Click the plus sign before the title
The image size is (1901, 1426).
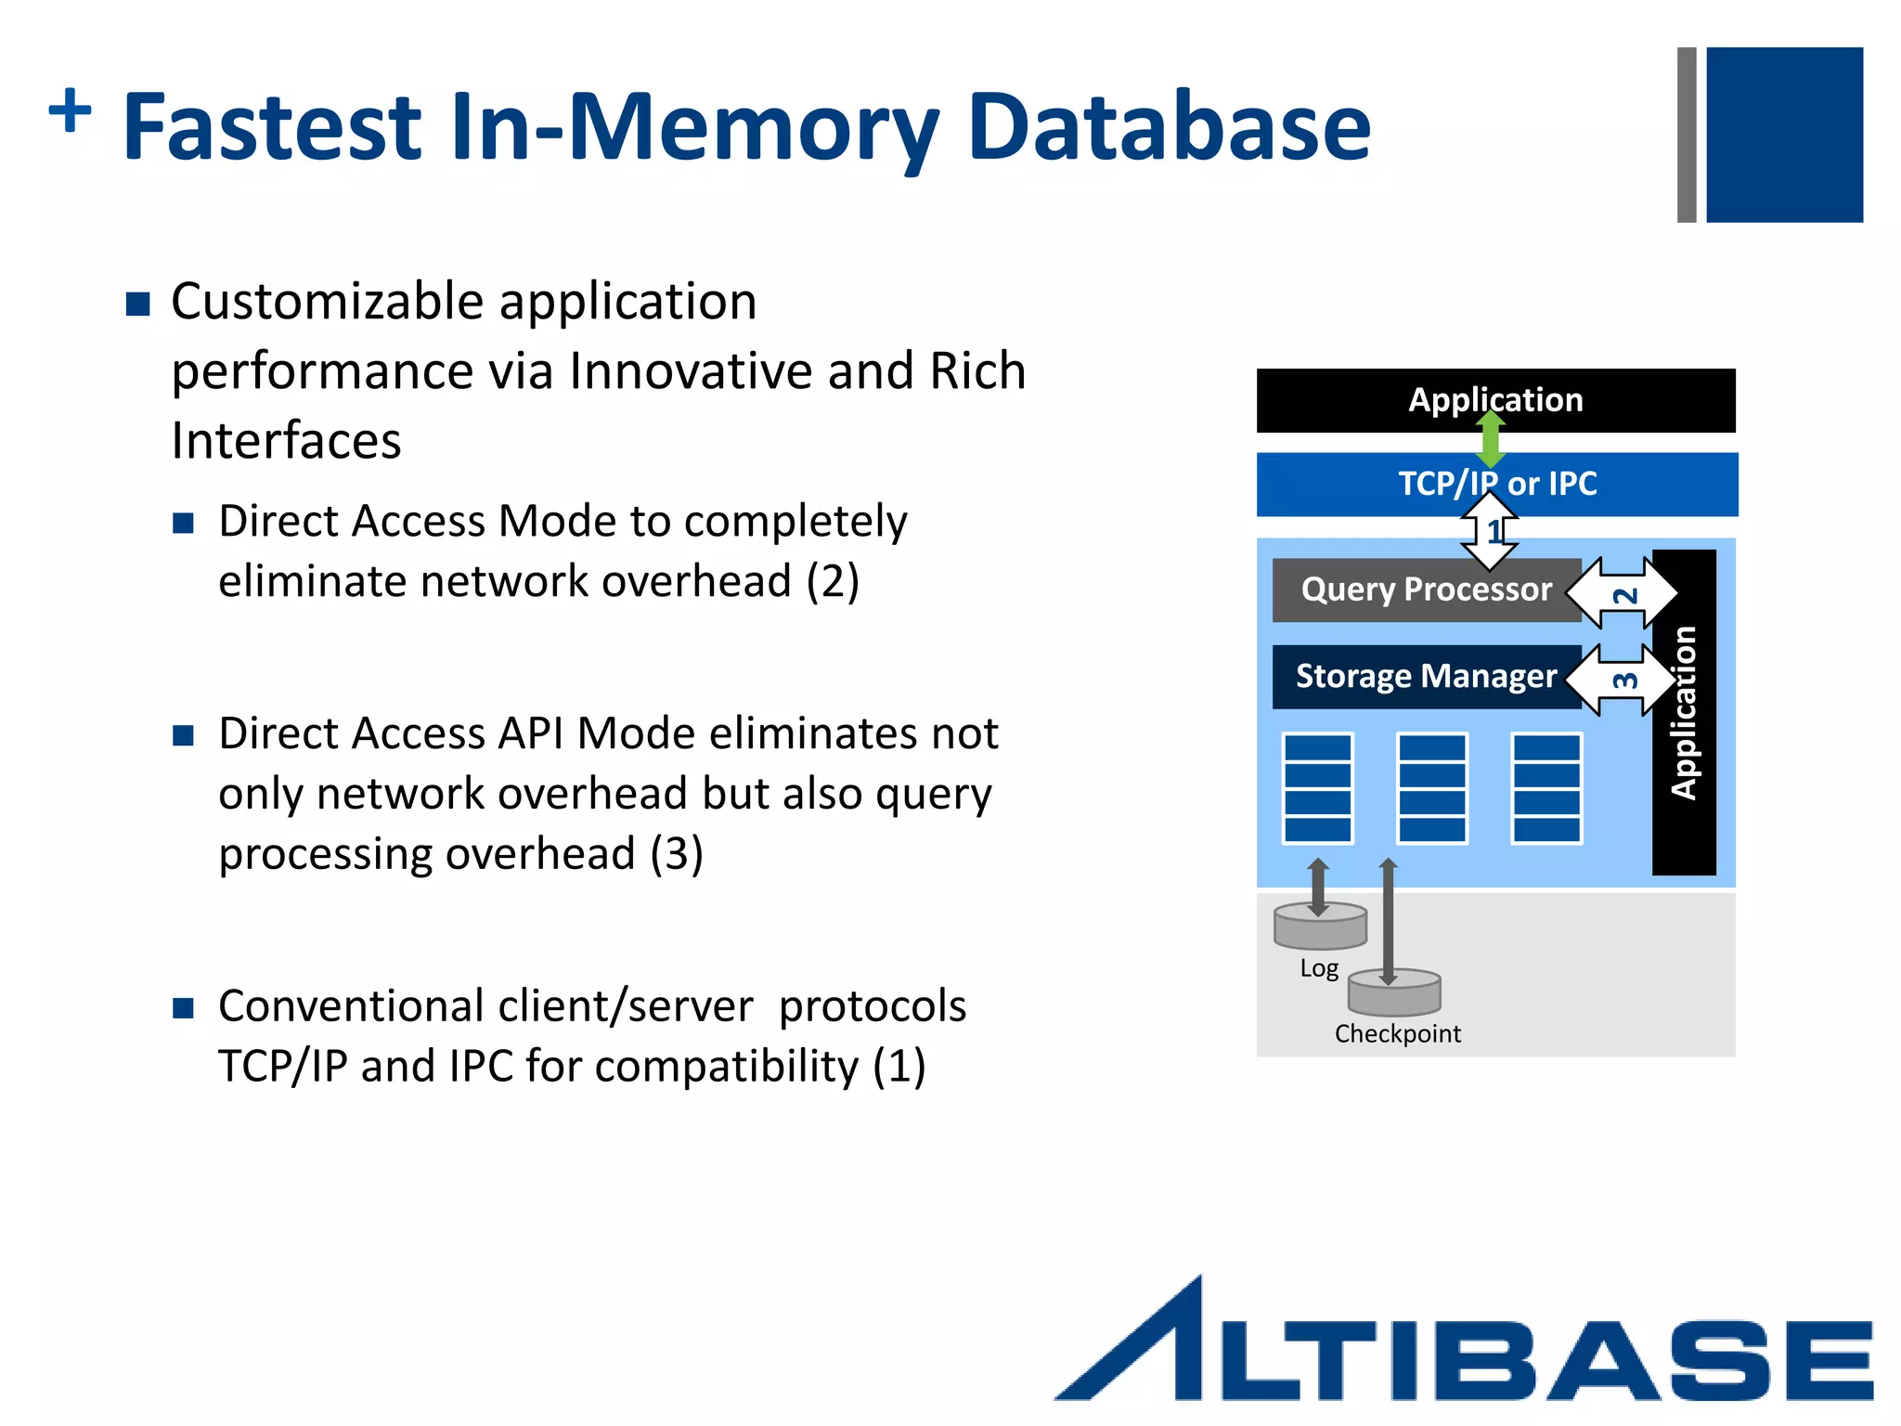pyautogui.click(x=71, y=111)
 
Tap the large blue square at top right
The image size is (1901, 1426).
pyautogui.click(x=1783, y=135)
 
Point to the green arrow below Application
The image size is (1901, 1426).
pyautogui.click(x=1491, y=439)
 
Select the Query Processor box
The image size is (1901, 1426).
pyautogui.click(x=1425, y=590)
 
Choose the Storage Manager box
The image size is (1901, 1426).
pyautogui.click(x=1425, y=677)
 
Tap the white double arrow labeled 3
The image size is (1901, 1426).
pyautogui.click(x=1623, y=681)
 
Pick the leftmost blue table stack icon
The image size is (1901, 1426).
pyautogui.click(x=1317, y=788)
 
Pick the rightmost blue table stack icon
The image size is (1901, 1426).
pyautogui.click(x=1546, y=788)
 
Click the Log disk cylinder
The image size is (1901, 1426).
pyautogui.click(x=1320, y=927)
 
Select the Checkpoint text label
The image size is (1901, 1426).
pyautogui.click(x=1397, y=1033)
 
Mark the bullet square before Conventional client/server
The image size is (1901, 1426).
pyautogui.click(x=183, y=1008)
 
